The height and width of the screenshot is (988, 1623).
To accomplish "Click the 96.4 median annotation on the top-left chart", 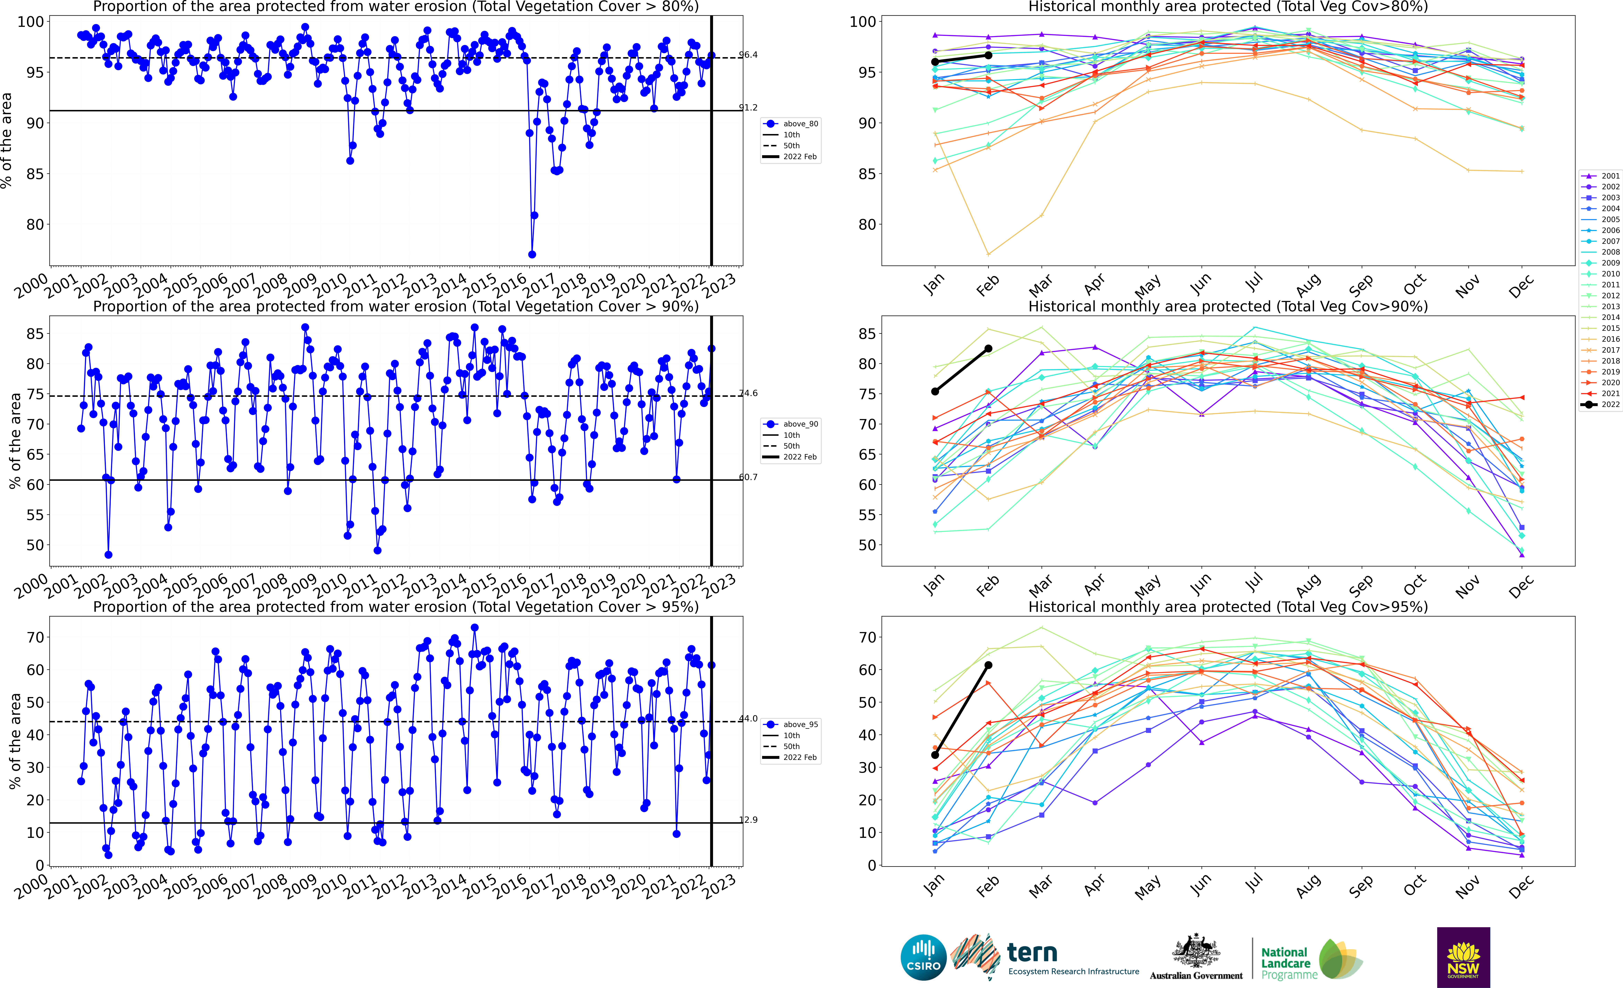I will [x=748, y=55].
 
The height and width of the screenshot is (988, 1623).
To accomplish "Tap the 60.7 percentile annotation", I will [x=748, y=477].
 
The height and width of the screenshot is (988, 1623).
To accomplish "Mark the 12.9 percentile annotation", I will [x=748, y=820].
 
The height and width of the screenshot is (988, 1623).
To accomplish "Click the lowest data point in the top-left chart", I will [x=532, y=254].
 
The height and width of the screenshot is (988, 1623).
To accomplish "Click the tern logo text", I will [x=1032, y=953].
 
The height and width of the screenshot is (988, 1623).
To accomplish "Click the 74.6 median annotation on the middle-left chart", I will [x=748, y=393].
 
